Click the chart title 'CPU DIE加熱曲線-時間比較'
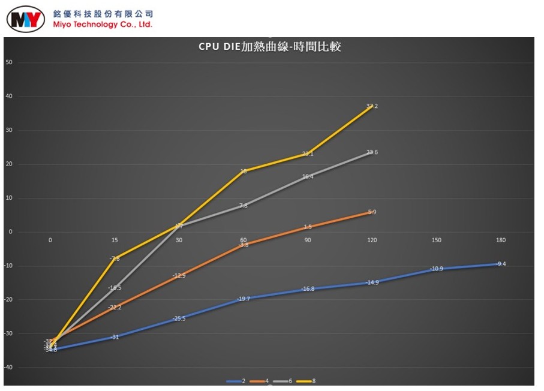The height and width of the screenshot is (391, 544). point(270,47)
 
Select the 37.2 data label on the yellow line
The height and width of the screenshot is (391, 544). point(372,106)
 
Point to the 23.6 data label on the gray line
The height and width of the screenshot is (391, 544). point(372,152)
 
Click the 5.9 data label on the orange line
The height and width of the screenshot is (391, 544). point(372,212)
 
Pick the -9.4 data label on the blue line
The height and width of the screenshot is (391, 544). point(501,264)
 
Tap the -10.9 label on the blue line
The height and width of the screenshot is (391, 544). point(436,269)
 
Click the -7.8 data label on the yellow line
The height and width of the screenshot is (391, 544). point(115,258)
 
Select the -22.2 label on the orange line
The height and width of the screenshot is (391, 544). point(115,307)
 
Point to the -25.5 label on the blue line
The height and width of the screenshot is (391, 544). point(179,318)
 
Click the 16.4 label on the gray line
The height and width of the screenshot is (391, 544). point(308,176)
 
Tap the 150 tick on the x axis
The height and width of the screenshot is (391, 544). point(436,240)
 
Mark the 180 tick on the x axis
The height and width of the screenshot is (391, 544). point(501,240)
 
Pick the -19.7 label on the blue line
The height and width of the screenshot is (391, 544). point(243,299)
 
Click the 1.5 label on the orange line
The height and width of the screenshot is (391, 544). point(308,227)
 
